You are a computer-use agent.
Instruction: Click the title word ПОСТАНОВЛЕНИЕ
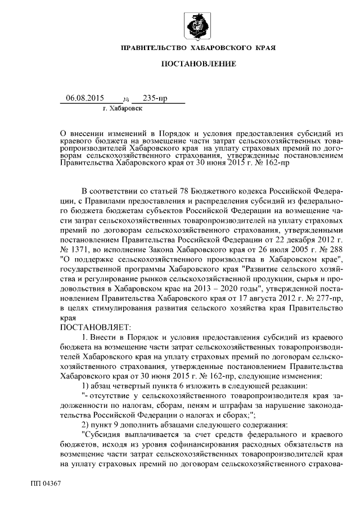pos(199,64)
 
